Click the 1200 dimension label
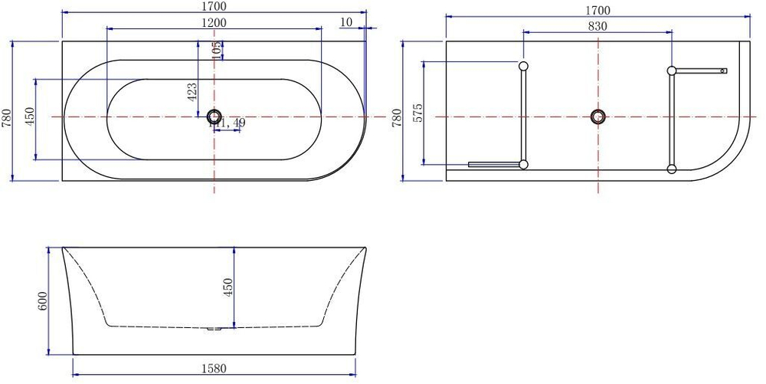(214, 23)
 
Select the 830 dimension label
(597, 26)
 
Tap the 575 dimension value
(417, 113)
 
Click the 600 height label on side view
(43, 300)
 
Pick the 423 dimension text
(192, 92)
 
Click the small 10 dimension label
(345, 22)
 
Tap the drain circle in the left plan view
(214, 117)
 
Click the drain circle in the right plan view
(597, 117)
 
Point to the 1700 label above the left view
(214, 7)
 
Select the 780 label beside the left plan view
(7, 117)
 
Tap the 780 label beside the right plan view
(397, 117)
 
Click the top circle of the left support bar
(523, 66)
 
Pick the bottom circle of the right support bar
(672, 169)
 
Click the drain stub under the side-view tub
(214, 330)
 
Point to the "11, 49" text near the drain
(228, 123)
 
